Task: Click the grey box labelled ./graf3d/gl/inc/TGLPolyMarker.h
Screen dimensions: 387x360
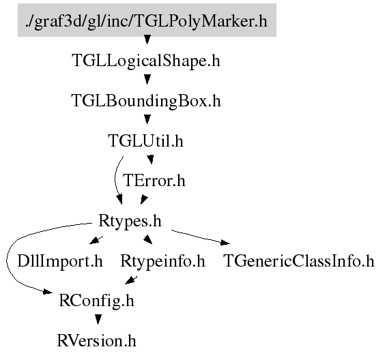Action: [x=147, y=20]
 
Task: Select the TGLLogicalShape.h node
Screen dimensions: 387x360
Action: [x=146, y=61]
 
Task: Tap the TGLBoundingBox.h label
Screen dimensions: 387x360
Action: [x=146, y=101]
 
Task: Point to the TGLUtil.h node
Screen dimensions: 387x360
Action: [x=145, y=140]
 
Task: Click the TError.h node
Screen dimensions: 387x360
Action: [x=154, y=181]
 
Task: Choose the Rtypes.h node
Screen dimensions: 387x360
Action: [x=130, y=221]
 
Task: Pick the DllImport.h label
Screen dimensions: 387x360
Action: [x=60, y=261]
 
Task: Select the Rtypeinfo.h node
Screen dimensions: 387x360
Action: [x=162, y=261]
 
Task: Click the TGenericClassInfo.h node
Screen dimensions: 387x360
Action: [x=299, y=261]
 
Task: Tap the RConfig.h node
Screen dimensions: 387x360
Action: [x=96, y=301]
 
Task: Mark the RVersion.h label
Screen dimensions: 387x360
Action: [x=96, y=341]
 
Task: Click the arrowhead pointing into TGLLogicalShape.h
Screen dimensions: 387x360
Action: [x=147, y=40]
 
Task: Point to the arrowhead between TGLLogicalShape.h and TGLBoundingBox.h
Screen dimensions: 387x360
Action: [x=147, y=80]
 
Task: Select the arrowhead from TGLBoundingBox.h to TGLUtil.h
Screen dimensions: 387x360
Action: [x=147, y=119]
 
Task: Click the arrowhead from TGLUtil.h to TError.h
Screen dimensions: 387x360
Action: [x=150, y=160]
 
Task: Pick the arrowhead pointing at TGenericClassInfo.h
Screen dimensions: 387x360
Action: [x=225, y=242]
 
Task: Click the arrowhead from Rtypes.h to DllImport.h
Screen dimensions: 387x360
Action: [x=95, y=240]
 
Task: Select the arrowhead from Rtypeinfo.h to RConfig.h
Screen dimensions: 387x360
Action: [x=130, y=280]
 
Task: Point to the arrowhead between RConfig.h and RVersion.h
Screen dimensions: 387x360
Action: [x=98, y=320]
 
